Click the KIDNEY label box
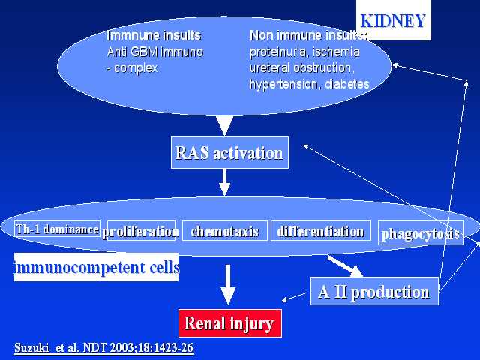point(394,21)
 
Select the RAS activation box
point(229,154)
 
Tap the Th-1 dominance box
point(57,229)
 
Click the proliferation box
point(141,231)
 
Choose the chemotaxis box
point(224,231)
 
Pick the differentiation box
point(320,231)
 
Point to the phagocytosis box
point(420,233)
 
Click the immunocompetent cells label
point(97,266)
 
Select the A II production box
point(373,291)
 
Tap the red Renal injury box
point(229,323)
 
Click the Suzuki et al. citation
point(104,349)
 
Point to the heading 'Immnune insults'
point(154,35)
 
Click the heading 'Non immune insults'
point(307,35)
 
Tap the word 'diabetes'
point(346,84)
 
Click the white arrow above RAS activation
point(224,124)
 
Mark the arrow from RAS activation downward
point(224,181)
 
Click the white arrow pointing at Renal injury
point(229,284)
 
